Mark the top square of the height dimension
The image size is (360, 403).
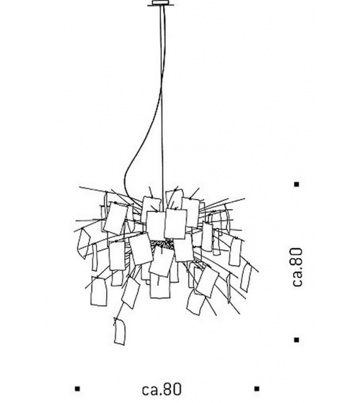(x=296, y=184)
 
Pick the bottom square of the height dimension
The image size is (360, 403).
(x=296, y=340)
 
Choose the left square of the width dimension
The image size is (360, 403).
(x=77, y=389)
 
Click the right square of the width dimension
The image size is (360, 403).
(x=257, y=389)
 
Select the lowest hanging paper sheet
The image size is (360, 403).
(x=120, y=331)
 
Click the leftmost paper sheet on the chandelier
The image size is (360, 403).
(x=83, y=244)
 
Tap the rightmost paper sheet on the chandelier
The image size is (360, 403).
(x=245, y=277)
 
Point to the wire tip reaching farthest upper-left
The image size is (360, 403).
(x=79, y=188)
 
